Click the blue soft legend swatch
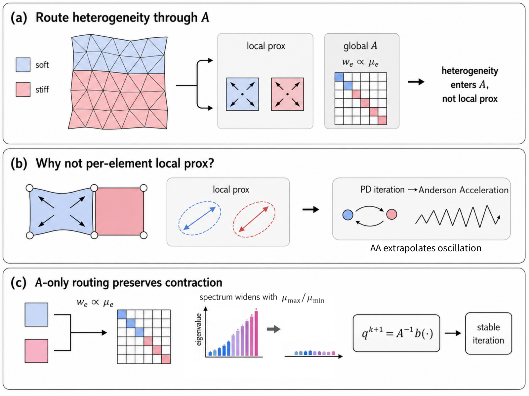pyautogui.click(x=23, y=65)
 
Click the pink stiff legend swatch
pyautogui.click(x=23, y=89)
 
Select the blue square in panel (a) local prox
pyautogui.click(x=242, y=94)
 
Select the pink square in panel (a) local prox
pyautogui.click(x=288, y=94)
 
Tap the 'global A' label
pyautogui.click(x=360, y=46)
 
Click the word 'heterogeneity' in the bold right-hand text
pyautogui.click(x=470, y=71)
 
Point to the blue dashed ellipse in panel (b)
pyautogui.click(x=200, y=218)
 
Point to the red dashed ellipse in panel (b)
pyautogui.click(x=254, y=219)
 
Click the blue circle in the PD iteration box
pyautogui.click(x=348, y=215)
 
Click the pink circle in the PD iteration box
pyautogui.click(x=392, y=214)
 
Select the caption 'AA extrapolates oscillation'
pyautogui.click(x=426, y=248)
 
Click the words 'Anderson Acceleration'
pyautogui.click(x=464, y=190)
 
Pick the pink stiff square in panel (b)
pyautogui.click(x=120, y=211)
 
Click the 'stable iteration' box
pyautogui.click(x=489, y=333)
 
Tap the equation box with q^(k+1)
pyautogui.click(x=396, y=333)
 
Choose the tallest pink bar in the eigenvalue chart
pyautogui.click(x=256, y=333)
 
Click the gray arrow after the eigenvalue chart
pyautogui.click(x=274, y=329)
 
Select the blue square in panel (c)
pyautogui.click(x=36, y=315)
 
